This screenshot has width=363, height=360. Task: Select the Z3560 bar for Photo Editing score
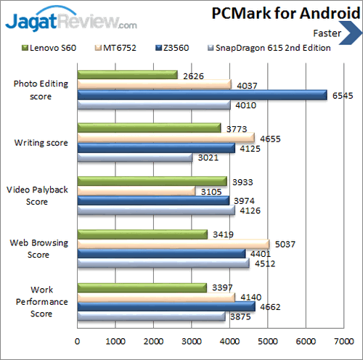click(x=202, y=94)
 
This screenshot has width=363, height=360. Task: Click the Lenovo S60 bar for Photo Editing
click(x=127, y=74)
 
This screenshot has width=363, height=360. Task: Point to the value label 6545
click(x=343, y=94)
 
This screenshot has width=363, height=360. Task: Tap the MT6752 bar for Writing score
click(x=166, y=137)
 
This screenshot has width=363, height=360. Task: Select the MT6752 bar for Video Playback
click(x=136, y=190)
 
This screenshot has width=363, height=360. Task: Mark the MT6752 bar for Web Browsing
click(x=173, y=244)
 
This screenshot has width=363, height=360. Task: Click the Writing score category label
click(x=41, y=143)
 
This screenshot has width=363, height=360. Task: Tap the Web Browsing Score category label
click(x=41, y=249)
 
